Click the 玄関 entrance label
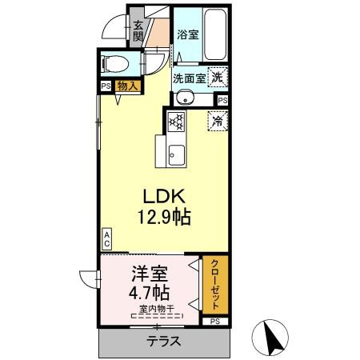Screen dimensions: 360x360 [x=138, y=30]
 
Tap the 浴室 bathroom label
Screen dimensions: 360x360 [x=188, y=34]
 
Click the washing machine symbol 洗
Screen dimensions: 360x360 [x=217, y=78]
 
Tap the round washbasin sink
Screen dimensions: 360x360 [x=185, y=98]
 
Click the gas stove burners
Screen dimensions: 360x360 [x=177, y=122]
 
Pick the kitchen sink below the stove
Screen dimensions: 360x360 [x=177, y=154]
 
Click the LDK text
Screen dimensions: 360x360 [x=165, y=196]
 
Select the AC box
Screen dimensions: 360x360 [x=106, y=238]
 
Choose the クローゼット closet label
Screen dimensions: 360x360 [x=214, y=284]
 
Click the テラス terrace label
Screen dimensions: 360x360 [x=162, y=341]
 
